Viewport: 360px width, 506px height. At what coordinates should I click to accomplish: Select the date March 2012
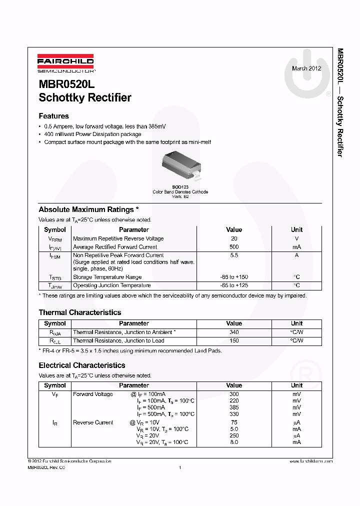[x=306, y=68]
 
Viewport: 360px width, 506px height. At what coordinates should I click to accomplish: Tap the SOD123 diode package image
[x=181, y=167]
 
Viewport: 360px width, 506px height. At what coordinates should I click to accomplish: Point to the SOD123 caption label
[x=180, y=186]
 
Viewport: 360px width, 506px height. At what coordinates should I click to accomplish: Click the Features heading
[x=53, y=116]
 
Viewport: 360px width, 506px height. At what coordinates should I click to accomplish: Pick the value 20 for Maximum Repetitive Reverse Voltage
[x=234, y=238]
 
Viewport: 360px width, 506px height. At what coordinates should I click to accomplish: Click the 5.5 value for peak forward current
[x=234, y=255]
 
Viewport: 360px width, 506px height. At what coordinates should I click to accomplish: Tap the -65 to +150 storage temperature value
[x=234, y=277]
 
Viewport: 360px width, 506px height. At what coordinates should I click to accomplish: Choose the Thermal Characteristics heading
[x=80, y=312]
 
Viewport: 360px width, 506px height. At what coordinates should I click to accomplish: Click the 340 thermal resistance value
[x=234, y=332]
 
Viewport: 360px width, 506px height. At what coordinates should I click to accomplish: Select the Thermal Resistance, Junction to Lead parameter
[x=118, y=340]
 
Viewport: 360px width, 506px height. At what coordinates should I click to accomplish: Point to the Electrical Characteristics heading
[x=82, y=365]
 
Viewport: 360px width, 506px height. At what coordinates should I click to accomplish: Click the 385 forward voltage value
[x=234, y=407]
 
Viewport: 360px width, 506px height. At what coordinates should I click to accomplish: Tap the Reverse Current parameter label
[x=93, y=422]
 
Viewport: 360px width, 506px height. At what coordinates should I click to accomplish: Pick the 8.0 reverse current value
[x=234, y=442]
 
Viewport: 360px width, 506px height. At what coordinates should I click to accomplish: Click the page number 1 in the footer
[x=179, y=467]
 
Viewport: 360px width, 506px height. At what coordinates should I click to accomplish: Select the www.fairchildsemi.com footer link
[x=310, y=461]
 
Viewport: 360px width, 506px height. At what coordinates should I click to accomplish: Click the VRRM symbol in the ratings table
[x=55, y=239]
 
